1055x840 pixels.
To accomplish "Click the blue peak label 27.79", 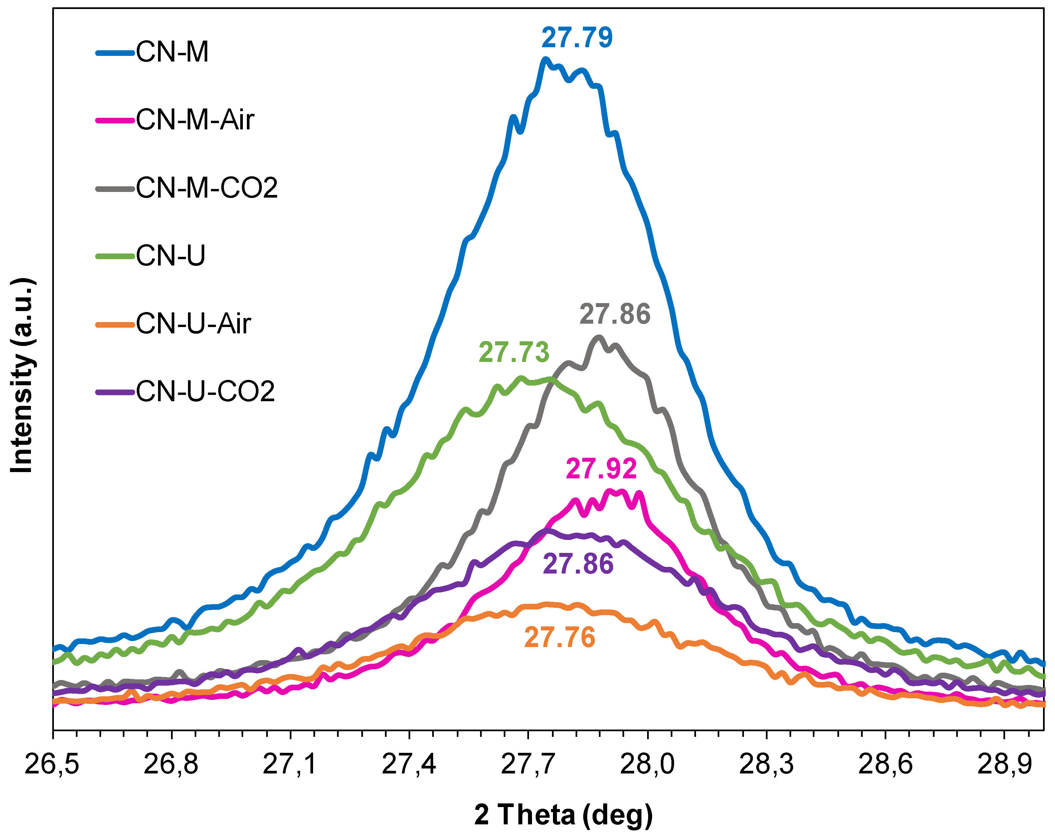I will pos(577,38).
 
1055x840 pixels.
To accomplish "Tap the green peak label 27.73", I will pos(514,352).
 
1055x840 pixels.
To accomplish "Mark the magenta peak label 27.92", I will pos(602,469).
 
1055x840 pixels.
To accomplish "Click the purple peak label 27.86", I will pos(578,564).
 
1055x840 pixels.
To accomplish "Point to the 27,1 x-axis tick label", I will pos(290,764).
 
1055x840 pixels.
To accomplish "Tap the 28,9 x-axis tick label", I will pos(1004,764).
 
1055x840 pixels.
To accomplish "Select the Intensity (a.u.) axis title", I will pos(22,376).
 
